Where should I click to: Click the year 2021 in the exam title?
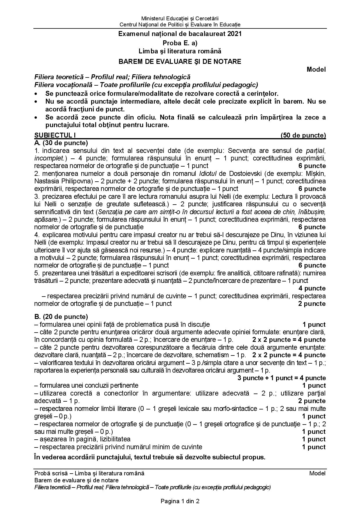[234, 34]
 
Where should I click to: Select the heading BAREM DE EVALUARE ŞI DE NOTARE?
[180, 62]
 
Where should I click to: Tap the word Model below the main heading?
[316, 70]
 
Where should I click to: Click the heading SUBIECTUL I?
[55, 135]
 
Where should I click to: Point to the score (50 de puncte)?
[303, 135]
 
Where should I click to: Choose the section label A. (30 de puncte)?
[61, 143]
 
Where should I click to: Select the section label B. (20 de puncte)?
[61, 317]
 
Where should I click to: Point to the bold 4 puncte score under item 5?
[312, 288]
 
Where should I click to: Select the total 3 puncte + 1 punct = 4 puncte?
[281, 378]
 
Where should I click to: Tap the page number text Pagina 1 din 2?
[180, 501]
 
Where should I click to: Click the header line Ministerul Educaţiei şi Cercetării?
[180, 19]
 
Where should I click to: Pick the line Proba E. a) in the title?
[180, 43]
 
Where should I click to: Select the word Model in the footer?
[317, 473]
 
